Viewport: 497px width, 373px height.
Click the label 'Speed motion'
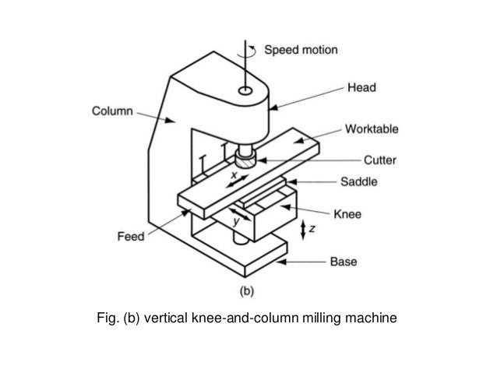(301, 50)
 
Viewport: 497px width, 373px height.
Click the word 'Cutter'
(379, 161)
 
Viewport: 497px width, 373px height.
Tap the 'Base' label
(344, 262)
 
